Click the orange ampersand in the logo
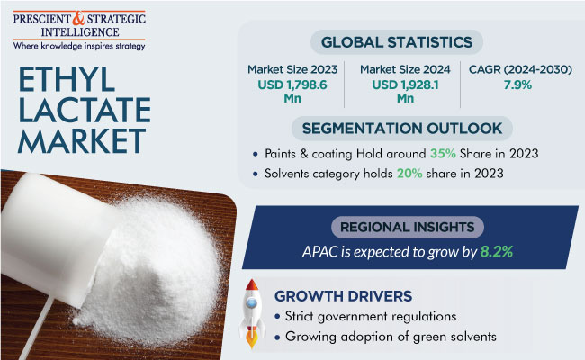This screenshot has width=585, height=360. click(x=78, y=18)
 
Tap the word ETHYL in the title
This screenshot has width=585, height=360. click(x=66, y=79)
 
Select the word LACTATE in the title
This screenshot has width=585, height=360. click(x=85, y=110)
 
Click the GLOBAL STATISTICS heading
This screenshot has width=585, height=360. click(x=397, y=42)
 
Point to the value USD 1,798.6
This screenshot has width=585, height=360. click(x=292, y=85)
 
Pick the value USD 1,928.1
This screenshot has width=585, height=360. click(x=405, y=85)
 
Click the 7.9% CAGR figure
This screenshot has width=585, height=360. click(x=517, y=85)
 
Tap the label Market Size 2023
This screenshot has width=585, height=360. click(x=292, y=69)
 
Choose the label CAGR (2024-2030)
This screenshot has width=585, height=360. click(x=520, y=69)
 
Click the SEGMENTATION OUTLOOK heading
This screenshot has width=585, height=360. click(x=401, y=129)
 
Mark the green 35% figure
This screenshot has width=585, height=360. click(x=443, y=153)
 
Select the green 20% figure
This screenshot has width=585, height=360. click(x=409, y=174)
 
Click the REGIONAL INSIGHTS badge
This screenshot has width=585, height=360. click(x=408, y=227)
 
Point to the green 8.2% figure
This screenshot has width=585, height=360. click(x=497, y=252)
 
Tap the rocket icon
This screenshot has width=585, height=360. click(x=252, y=313)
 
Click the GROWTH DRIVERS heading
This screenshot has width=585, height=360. click(x=343, y=296)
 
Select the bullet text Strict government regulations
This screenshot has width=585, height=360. click(x=371, y=317)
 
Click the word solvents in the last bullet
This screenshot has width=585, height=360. click(x=473, y=337)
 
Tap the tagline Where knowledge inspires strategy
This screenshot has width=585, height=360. click(x=79, y=46)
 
